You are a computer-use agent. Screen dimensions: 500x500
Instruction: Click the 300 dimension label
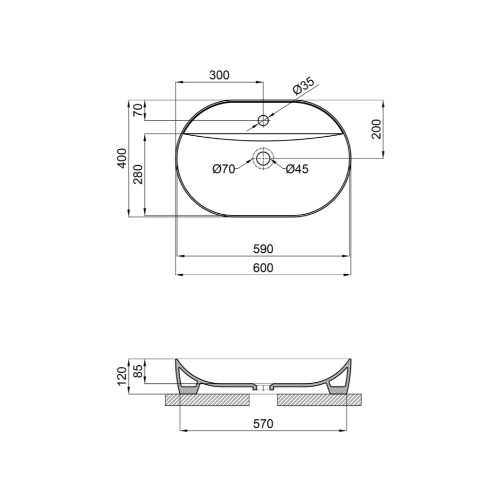[x=219, y=75]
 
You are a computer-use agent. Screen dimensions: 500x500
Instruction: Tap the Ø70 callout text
[x=224, y=169]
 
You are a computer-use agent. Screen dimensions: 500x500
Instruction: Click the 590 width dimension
[x=263, y=249]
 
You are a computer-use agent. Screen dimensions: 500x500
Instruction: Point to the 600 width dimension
[x=263, y=268]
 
